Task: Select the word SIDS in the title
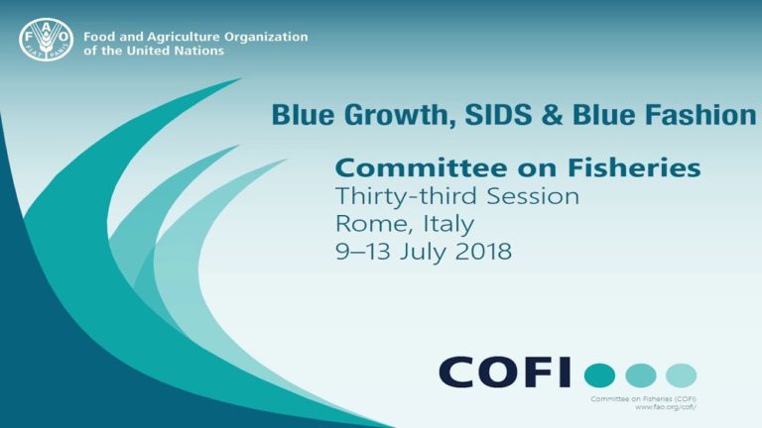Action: [x=472, y=116]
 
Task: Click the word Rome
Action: [x=366, y=224]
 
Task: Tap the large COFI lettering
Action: [x=505, y=371]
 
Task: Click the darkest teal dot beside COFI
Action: [x=600, y=374]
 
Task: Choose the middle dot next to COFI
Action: [x=641, y=374]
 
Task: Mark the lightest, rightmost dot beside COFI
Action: [x=681, y=374]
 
